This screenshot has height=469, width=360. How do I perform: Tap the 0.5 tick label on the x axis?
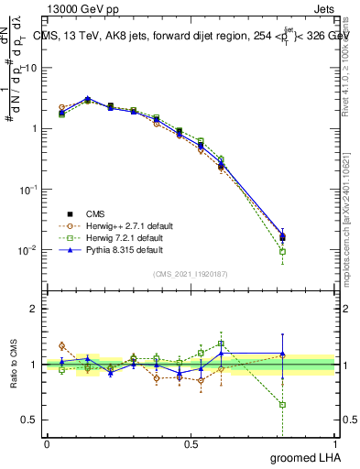[x=191, y=444]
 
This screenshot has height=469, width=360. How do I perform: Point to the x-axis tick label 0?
[x=47, y=444]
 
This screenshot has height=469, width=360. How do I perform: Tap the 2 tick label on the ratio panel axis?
[x=35, y=309]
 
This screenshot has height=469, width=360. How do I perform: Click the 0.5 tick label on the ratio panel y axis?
[x=30, y=420]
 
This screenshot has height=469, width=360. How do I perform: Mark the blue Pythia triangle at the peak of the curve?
[x=88, y=98]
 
